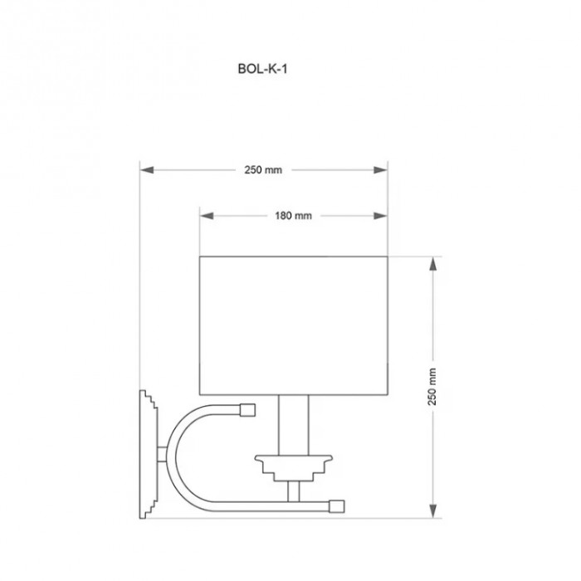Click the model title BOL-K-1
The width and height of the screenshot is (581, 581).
(262, 69)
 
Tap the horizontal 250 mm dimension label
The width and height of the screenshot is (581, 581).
(263, 170)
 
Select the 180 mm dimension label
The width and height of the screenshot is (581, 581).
(293, 216)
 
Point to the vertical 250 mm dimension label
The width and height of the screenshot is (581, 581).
(432, 387)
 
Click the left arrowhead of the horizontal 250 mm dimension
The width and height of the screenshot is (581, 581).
(147, 170)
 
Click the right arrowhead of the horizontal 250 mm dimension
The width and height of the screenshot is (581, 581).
(380, 170)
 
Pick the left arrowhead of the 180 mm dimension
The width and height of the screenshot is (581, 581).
(207, 216)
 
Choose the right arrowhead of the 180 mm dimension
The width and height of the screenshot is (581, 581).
(380, 216)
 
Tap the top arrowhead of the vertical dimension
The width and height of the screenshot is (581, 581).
(432, 264)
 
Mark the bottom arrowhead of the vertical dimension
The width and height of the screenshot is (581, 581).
(432, 510)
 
